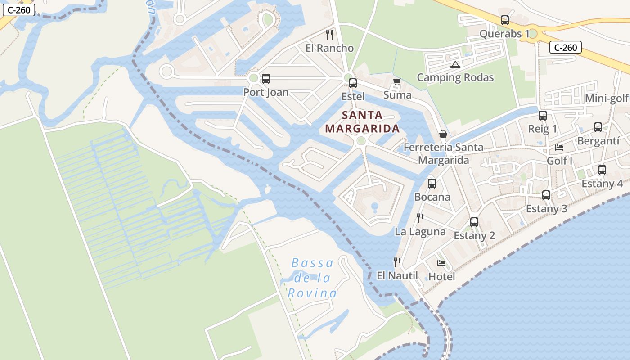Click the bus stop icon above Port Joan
pyautogui.click(x=266, y=79)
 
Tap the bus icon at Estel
pyautogui.click(x=353, y=83)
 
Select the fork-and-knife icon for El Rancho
pyautogui.click(x=329, y=35)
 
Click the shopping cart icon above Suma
pyautogui.click(x=397, y=82)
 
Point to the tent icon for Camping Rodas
pyautogui.click(x=455, y=64)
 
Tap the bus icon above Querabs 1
pyautogui.click(x=505, y=20)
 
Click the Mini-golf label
pyautogui.click(x=607, y=99)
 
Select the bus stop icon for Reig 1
pyautogui.click(x=543, y=116)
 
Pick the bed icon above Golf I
pyautogui.click(x=559, y=147)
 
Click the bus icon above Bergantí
pyautogui.click(x=598, y=127)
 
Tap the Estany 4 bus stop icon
pyautogui.click(x=602, y=170)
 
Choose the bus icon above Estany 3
pyautogui.click(x=546, y=195)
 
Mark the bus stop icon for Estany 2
pyautogui.click(x=474, y=222)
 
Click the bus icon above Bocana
pyautogui.click(x=432, y=184)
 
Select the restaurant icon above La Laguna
pyautogui.click(x=420, y=218)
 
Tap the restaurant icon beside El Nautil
pyautogui.click(x=397, y=262)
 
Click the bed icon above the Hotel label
pyautogui.click(x=441, y=263)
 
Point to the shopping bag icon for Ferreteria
pyautogui.click(x=443, y=134)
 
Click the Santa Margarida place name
pyautogui.click(x=362, y=122)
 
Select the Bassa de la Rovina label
pyautogui.click(x=312, y=278)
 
